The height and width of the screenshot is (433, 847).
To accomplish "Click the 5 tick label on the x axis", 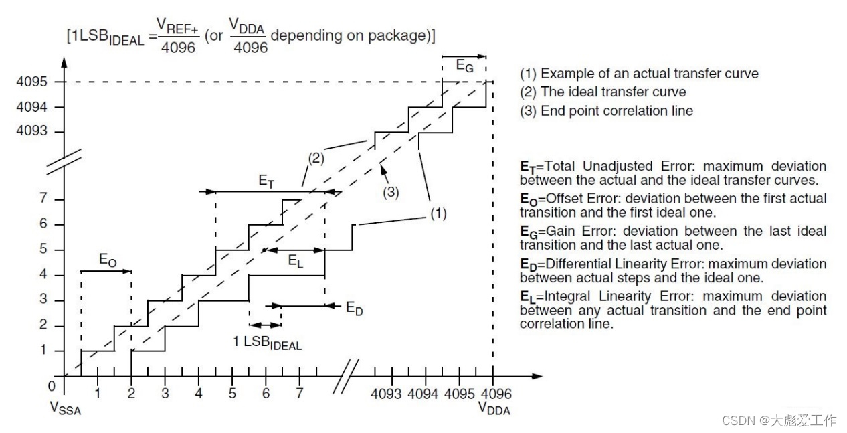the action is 232,393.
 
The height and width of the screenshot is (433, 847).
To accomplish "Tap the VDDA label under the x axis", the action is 494,408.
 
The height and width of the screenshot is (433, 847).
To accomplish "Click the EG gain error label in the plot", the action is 465,66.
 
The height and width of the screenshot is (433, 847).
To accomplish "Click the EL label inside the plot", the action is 296,262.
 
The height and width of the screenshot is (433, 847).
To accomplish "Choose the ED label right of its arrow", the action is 355,309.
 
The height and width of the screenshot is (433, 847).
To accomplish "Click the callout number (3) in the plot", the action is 391,192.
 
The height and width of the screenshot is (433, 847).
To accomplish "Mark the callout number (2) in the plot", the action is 316,158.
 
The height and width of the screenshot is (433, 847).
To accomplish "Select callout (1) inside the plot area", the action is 438,213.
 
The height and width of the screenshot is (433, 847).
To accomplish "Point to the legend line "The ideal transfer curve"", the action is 613,92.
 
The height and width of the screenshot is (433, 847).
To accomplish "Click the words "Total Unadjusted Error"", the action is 614,166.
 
